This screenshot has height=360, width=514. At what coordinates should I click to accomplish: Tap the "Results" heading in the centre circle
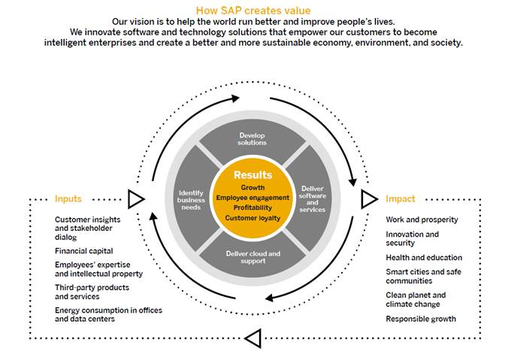(x=252, y=175)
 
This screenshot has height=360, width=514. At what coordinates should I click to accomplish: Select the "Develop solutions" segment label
(x=252, y=138)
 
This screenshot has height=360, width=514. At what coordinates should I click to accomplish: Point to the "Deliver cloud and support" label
(x=252, y=258)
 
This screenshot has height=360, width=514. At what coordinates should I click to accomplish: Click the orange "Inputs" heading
(x=68, y=199)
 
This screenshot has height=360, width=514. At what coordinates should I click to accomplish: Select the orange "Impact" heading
(x=400, y=199)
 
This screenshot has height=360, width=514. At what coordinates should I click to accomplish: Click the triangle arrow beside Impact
(x=368, y=199)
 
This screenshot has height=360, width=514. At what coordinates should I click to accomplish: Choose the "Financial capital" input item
(x=84, y=251)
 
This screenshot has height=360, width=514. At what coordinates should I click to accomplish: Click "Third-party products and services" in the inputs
(x=92, y=292)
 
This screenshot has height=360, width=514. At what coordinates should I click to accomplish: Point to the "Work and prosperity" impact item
(x=422, y=219)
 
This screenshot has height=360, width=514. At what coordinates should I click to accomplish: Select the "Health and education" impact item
(x=424, y=258)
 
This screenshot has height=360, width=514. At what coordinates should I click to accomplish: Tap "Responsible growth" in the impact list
(x=421, y=319)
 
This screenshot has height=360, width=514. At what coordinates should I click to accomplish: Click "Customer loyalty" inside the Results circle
(x=252, y=218)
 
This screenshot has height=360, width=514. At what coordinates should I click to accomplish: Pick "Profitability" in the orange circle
(x=252, y=207)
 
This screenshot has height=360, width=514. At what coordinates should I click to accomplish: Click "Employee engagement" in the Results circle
(x=252, y=197)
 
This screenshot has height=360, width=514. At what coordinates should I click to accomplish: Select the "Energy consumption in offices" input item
(x=108, y=310)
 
